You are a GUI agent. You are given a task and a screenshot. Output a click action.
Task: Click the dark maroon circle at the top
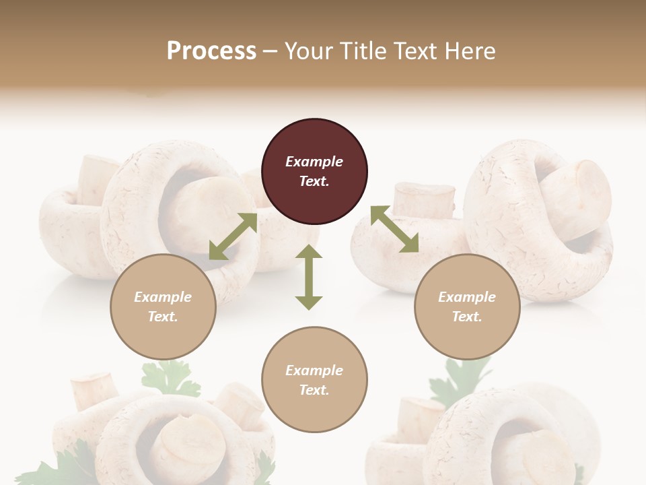coord(314,171)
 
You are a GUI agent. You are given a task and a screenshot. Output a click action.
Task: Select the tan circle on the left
coord(163,306)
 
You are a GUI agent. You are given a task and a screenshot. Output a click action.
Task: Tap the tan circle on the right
coord(467,306)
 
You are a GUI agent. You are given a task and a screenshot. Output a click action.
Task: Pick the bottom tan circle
coord(314,380)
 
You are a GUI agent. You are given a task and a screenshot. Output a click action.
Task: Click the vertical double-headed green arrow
coord(309,277)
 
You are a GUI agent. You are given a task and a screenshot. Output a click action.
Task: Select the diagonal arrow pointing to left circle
coord(233,236)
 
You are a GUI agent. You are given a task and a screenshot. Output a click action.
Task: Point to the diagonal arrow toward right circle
coord(394,229)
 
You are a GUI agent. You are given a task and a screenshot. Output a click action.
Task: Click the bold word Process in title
coord(211,51)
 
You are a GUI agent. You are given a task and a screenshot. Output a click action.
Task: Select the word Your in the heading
coord(310,51)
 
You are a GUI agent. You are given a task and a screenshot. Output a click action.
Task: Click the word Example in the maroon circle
coord(314,162)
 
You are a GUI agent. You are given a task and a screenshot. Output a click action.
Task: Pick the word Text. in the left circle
coord(163,317)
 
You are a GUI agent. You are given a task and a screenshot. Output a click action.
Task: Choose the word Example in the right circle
coord(467,297)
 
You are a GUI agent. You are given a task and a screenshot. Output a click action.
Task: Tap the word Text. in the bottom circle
coord(314,390)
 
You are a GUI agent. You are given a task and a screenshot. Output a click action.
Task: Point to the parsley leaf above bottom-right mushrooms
coord(464,377)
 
